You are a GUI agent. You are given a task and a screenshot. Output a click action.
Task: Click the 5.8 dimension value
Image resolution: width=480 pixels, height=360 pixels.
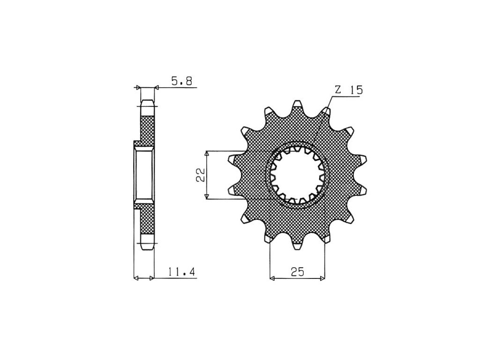pyautogui.click(x=181, y=82)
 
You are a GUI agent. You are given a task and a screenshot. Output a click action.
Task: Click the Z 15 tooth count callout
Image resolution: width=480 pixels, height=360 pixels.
pyautogui.click(x=349, y=90)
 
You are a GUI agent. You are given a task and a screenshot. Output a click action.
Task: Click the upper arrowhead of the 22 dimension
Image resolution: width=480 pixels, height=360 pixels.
pyautogui.click(x=207, y=154)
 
